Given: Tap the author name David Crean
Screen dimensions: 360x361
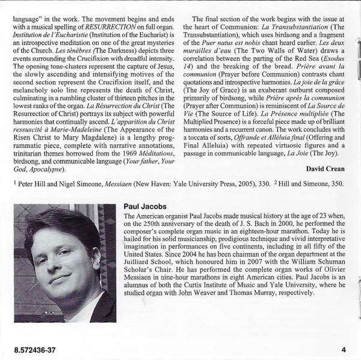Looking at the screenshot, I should (x=326, y=168).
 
